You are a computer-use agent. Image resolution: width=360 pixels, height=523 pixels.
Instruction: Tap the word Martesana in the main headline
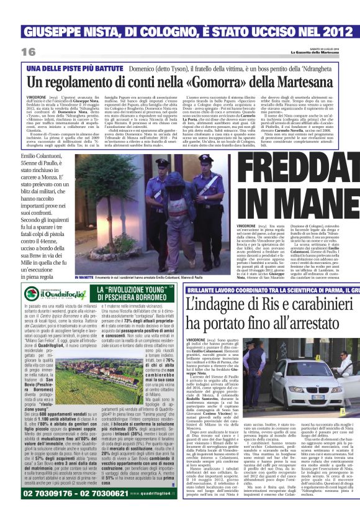303,82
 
